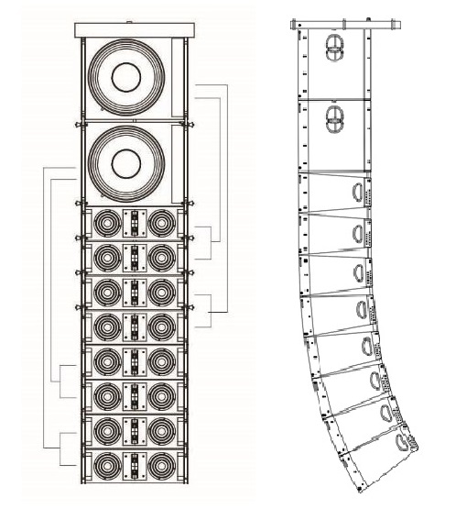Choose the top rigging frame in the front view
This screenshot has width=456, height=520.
134,30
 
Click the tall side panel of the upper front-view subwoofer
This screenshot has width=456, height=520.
178,81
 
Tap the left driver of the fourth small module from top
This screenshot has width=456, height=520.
106,326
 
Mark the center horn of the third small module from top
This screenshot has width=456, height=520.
134,292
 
